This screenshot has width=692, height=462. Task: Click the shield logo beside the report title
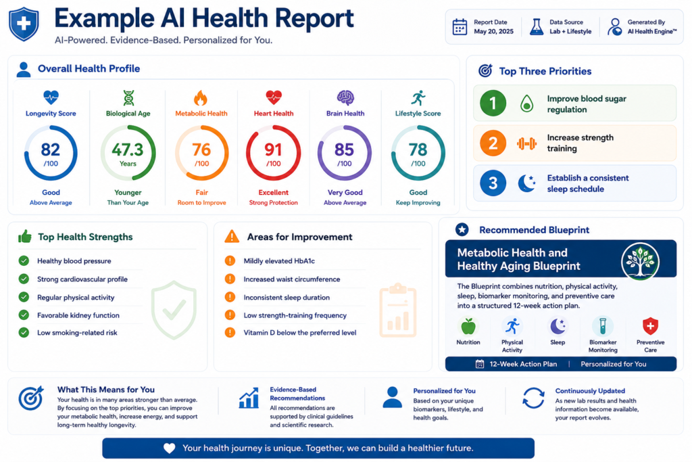24,24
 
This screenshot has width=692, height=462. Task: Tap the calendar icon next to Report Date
460,27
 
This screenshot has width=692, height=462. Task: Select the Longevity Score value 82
50,149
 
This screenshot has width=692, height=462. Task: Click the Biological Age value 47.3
128,149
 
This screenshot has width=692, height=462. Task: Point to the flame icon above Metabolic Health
200,97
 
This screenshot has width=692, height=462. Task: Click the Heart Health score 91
273,149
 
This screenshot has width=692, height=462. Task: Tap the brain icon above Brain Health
345,97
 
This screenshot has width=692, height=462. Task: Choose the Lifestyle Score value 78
418,149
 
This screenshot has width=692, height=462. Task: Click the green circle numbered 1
493,103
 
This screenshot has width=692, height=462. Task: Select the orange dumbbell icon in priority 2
526,143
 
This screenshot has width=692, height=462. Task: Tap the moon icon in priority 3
526,183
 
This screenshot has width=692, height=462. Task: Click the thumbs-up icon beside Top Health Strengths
25,236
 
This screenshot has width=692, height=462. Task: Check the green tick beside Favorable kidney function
24,315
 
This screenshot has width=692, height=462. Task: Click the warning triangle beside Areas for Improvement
232,236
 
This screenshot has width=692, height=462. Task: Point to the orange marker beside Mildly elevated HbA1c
230,260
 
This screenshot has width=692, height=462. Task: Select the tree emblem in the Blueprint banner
641,262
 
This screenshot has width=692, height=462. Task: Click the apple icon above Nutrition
468,327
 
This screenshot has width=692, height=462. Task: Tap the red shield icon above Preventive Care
650,326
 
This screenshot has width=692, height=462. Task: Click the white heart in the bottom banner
170,448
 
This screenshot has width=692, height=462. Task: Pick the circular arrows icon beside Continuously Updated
533,398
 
